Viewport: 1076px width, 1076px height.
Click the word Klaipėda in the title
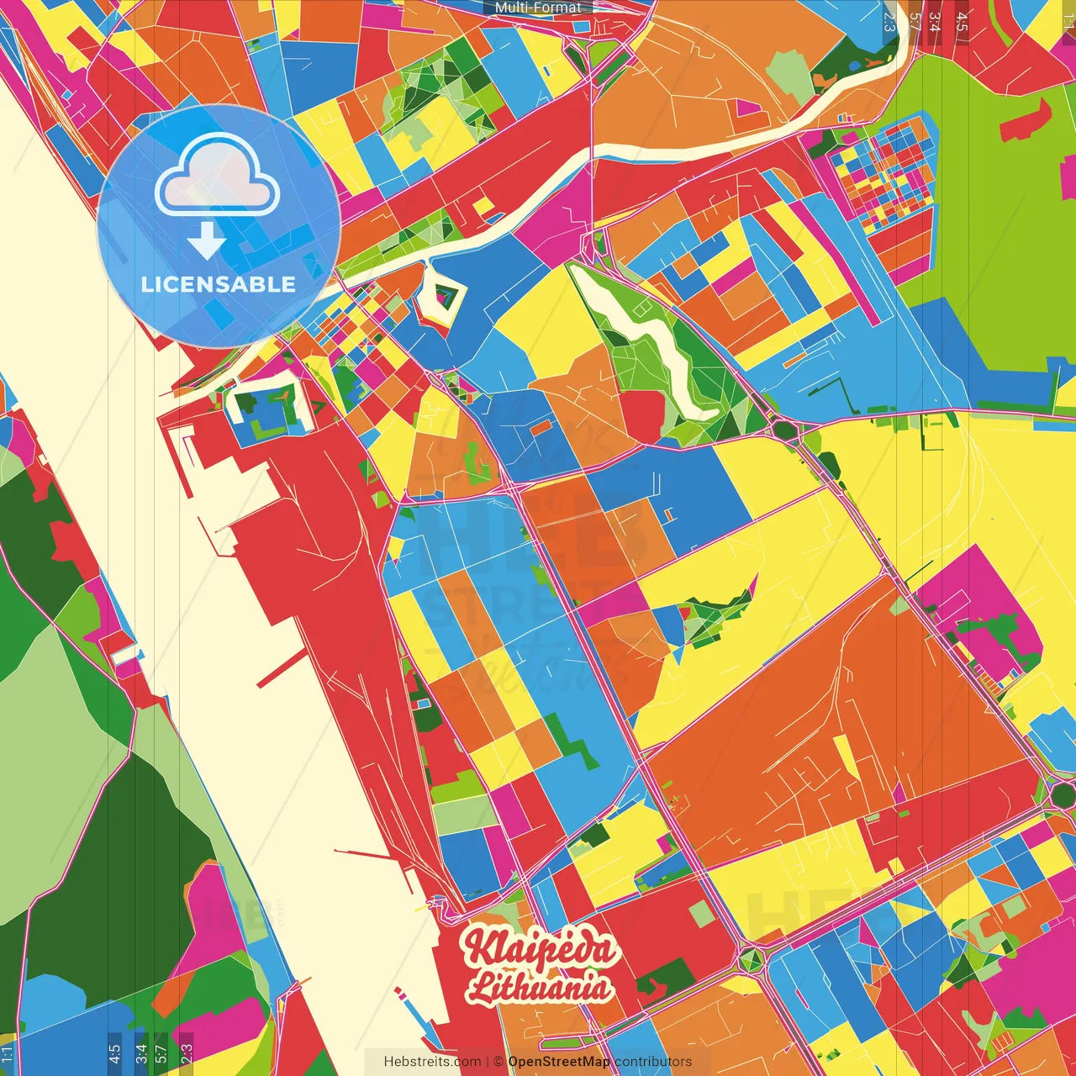coord(539,948)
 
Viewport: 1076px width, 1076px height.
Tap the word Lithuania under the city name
coord(539,987)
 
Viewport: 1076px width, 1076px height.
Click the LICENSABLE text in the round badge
coord(218,284)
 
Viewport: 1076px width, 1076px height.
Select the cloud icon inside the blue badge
coord(218,177)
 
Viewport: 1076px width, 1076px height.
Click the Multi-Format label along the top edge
coord(538,8)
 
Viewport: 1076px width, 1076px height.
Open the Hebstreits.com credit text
coord(432,1062)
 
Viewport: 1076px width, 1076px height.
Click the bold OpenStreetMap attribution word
coord(559,1062)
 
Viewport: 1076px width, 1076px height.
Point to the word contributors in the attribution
coord(653,1062)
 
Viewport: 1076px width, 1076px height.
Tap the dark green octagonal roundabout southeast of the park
coord(785,430)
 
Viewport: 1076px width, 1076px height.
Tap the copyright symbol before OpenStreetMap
coord(498,1062)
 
